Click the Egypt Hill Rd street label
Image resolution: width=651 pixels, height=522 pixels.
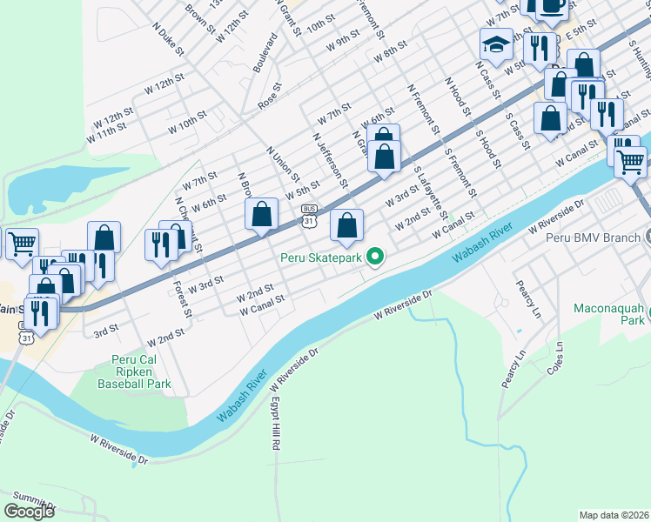pyautogui.click(x=274, y=427)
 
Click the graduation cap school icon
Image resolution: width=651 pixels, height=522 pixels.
pyautogui.click(x=495, y=43)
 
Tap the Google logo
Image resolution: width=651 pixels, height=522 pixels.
pyautogui.click(x=29, y=511)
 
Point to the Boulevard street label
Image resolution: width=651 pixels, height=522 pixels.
pyautogui.click(x=258, y=57)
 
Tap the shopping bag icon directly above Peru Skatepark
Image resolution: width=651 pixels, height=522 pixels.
pyautogui.click(x=346, y=225)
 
